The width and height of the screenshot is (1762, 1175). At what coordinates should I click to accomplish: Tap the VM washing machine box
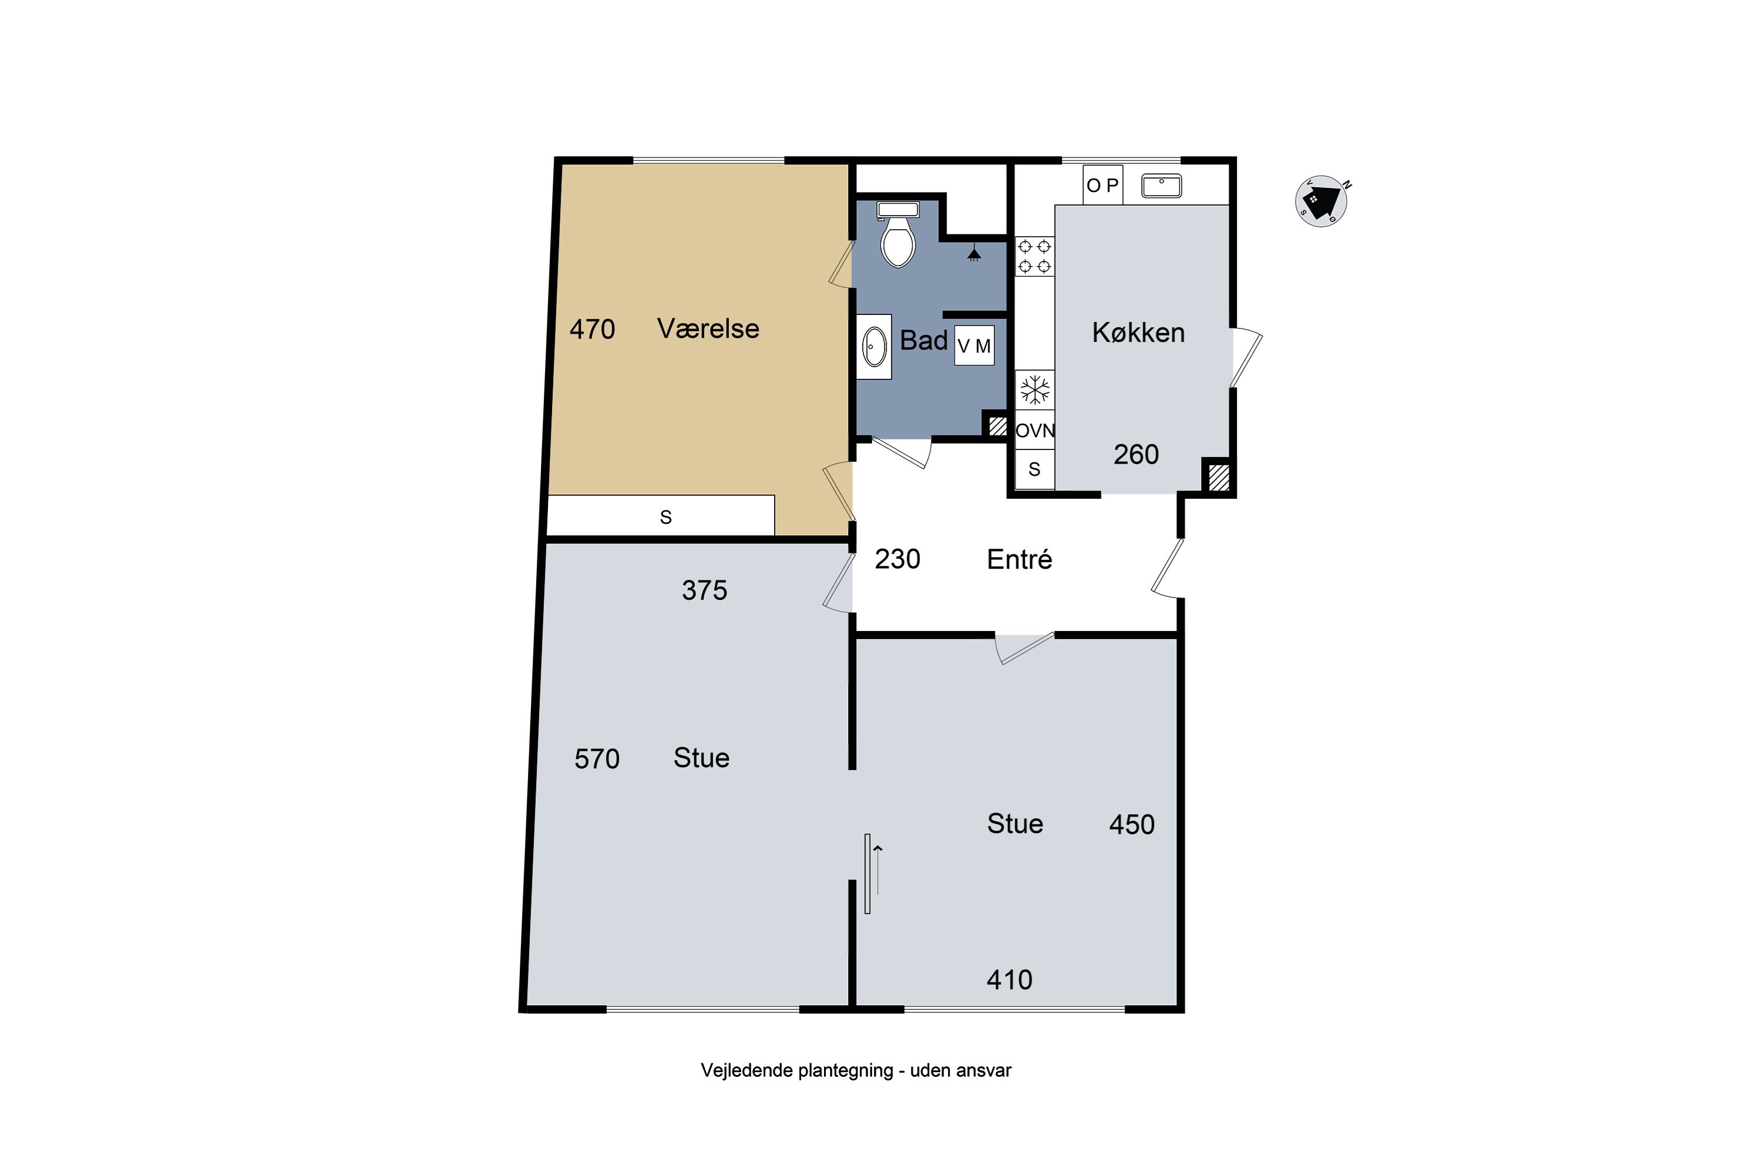point(974,345)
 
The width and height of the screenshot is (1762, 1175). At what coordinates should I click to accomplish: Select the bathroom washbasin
point(875,347)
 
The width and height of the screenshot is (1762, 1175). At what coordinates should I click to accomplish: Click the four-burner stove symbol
point(1034,256)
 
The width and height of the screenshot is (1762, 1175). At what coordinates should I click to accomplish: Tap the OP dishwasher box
point(1103,185)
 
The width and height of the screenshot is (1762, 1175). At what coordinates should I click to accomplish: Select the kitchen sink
point(1161,186)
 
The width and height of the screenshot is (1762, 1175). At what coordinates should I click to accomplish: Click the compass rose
point(1321,201)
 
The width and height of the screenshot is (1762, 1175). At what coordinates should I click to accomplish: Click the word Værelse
point(708,329)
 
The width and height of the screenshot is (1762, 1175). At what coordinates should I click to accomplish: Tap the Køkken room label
point(1138,332)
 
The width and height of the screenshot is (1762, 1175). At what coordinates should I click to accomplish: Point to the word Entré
point(1020,559)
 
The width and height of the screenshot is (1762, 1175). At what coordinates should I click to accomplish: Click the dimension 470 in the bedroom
point(592,329)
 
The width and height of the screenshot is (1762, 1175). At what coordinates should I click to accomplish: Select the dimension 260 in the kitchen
point(1136,454)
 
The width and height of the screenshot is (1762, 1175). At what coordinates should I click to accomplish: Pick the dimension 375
point(704,590)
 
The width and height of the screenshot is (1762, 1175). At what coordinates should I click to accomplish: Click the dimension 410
point(1009,980)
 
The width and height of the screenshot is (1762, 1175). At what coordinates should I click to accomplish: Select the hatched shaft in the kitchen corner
point(1219,477)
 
